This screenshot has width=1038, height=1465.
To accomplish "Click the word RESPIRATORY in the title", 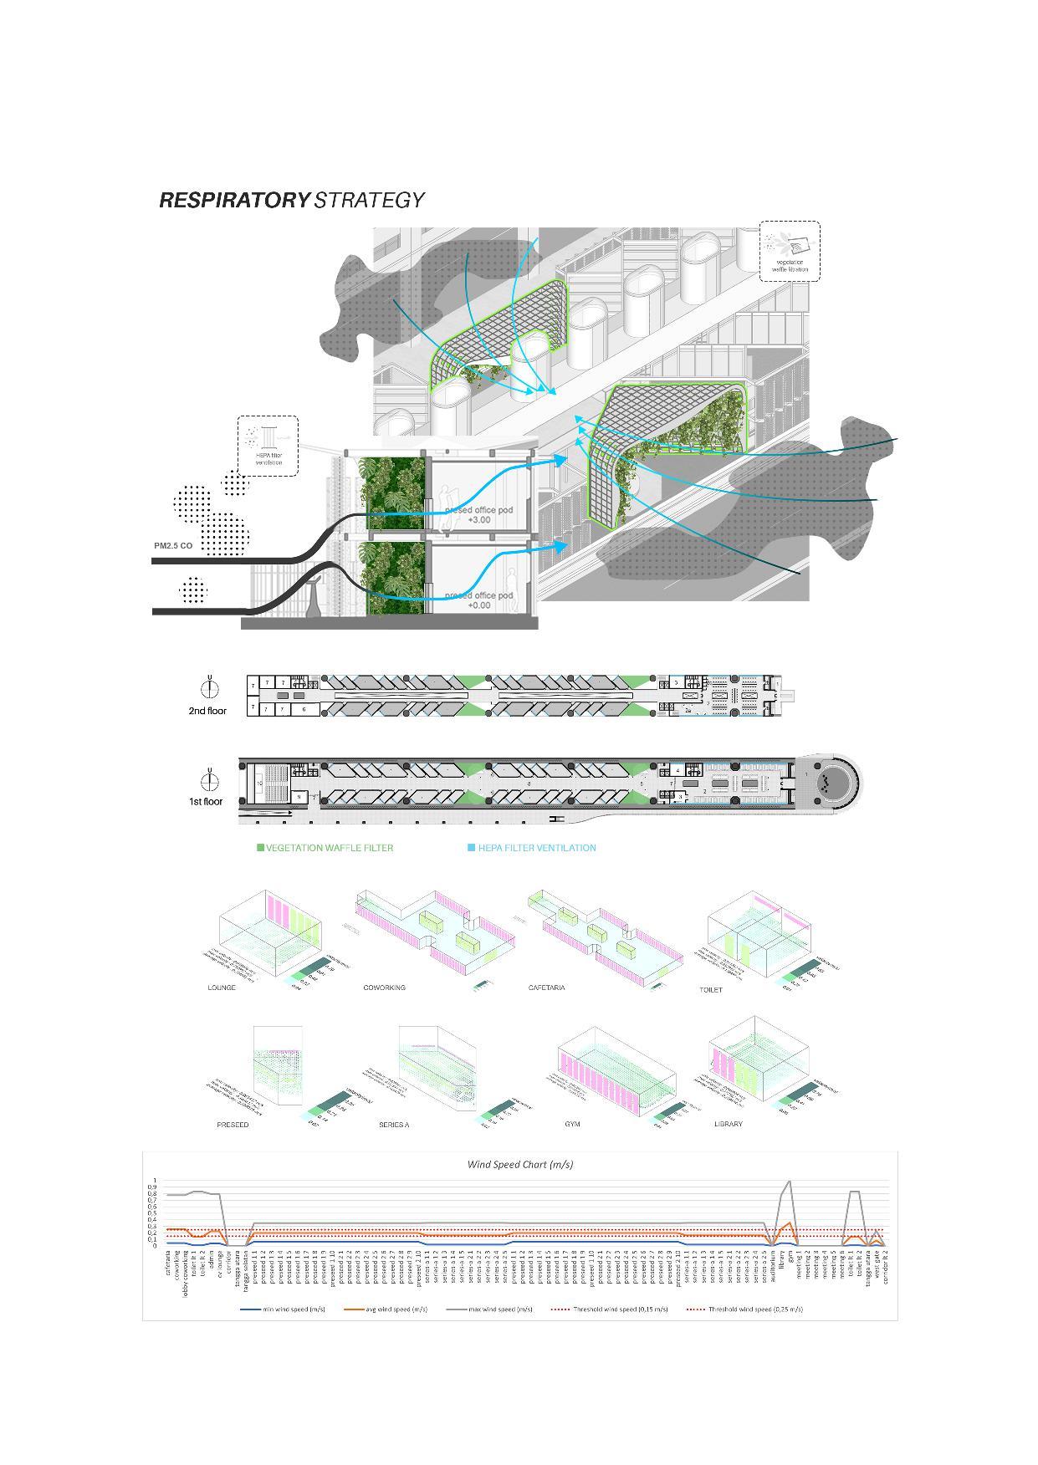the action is click(234, 200).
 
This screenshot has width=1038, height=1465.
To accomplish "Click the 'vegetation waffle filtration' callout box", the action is click(790, 251).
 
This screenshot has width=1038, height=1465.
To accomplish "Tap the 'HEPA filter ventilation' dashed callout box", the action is click(268, 447).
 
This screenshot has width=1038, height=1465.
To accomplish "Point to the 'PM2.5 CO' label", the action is click(173, 546).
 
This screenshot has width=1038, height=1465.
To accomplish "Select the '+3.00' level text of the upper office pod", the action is click(478, 520).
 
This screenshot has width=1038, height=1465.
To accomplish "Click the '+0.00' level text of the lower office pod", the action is click(478, 605).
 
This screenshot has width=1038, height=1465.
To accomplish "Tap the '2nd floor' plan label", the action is click(207, 711).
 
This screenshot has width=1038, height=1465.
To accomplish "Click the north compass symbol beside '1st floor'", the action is click(210, 780).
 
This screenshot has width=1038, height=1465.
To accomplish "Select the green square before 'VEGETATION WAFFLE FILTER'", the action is click(260, 848).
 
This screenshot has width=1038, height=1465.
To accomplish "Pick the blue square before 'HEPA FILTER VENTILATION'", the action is click(471, 848).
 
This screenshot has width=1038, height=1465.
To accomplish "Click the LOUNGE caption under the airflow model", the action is click(222, 988).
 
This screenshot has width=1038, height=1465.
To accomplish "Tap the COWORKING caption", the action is click(384, 988).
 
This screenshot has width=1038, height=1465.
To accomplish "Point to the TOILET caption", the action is click(711, 989).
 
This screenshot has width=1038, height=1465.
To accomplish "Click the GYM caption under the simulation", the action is click(572, 1124).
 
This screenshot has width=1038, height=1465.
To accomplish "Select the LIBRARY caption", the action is click(729, 1124).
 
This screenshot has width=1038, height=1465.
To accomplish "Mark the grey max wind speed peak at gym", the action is click(789, 1182).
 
